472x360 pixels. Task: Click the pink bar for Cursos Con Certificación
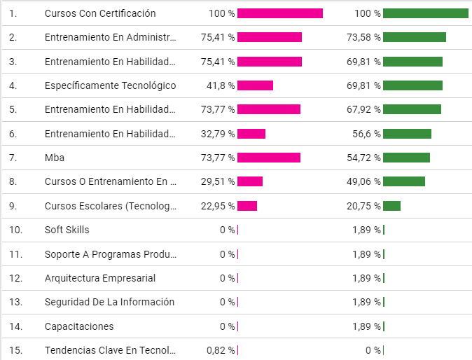click(x=280, y=13)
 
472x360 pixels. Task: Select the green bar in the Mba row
click(x=406, y=158)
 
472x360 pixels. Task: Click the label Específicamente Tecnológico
click(x=110, y=85)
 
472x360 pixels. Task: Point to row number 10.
click(x=15, y=230)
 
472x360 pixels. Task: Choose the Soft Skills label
click(x=67, y=230)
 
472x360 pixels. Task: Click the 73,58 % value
click(x=363, y=37)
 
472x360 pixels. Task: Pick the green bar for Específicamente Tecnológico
click(x=412, y=85)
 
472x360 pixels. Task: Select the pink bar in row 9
click(x=247, y=206)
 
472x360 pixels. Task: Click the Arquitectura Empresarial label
click(x=99, y=278)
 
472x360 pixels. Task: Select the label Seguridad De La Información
click(x=109, y=302)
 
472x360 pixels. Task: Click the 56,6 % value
click(x=366, y=134)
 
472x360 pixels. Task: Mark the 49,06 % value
click(x=363, y=182)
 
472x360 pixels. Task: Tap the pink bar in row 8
click(x=250, y=182)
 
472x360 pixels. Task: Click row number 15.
click(x=15, y=350)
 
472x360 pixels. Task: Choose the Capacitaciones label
click(x=78, y=326)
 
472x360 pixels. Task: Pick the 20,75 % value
click(x=363, y=206)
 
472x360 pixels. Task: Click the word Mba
click(x=55, y=158)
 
